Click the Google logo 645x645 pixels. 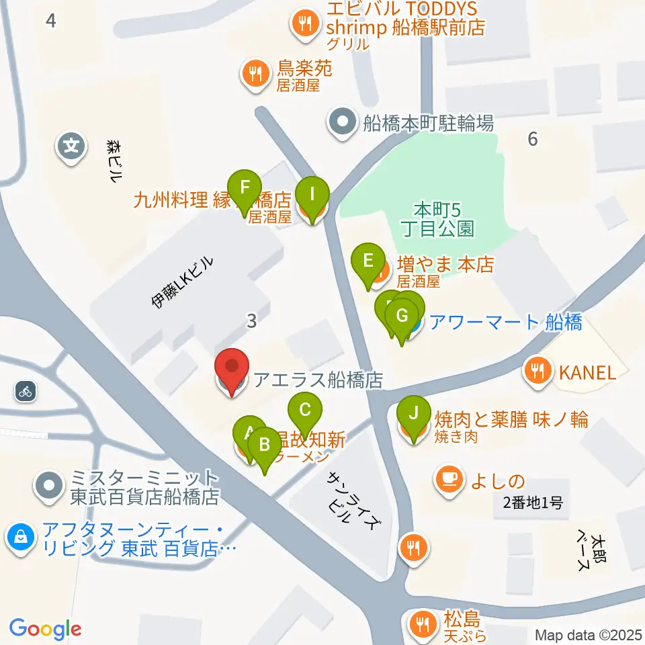pyautogui.click(x=45, y=629)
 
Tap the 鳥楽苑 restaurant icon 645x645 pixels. pyautogui.click(x=255, y=72)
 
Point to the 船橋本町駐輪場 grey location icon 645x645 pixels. pyautogui.click(x=343, y=123)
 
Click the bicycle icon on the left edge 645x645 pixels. pyautogui.click(x=26, y=391)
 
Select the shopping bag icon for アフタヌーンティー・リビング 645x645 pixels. pyautogui.click(x=21, y=537)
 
